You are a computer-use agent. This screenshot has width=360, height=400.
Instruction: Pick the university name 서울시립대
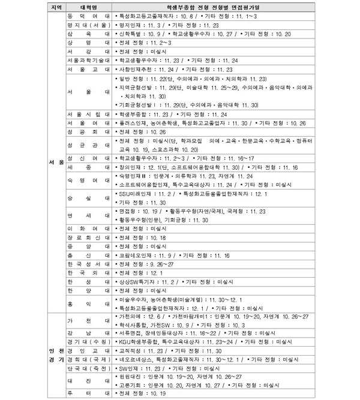click(88, 114)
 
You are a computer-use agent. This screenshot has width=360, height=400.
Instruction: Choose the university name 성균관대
click(88, 145)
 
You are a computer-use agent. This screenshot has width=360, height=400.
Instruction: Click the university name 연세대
click(88, 215)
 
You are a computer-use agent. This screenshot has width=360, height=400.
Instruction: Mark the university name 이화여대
click(88, 229)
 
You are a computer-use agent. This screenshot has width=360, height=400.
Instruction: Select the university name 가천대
click(88, 320)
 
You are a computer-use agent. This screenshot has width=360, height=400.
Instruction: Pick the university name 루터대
click(88, 393)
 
